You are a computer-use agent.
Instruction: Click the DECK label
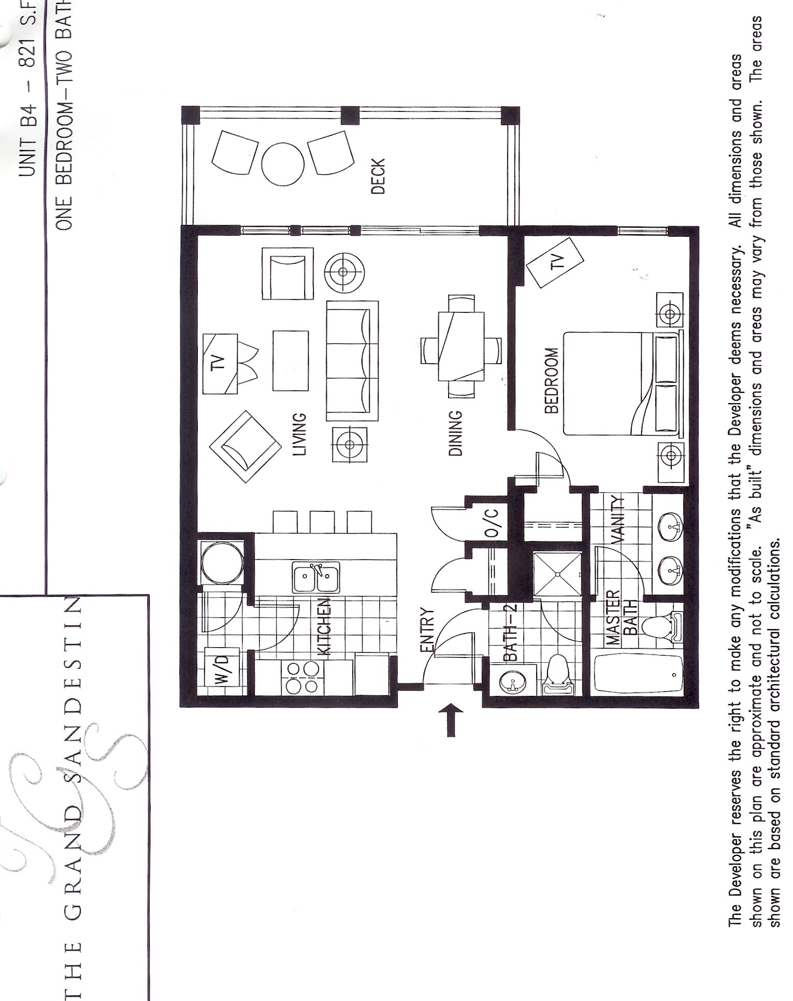coord(379,177)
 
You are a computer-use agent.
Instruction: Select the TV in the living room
coord(220,364)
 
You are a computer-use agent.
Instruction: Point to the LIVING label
coord(300,434)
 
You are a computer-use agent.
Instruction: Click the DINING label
coord(455,433)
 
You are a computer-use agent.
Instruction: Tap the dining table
coord(461,346)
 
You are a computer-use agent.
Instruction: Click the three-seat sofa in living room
coord(352,361)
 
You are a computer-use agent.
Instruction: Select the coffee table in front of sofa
coord(290,361)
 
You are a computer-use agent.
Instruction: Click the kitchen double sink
coord(316,577)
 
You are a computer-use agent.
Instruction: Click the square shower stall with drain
coord(557,574)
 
